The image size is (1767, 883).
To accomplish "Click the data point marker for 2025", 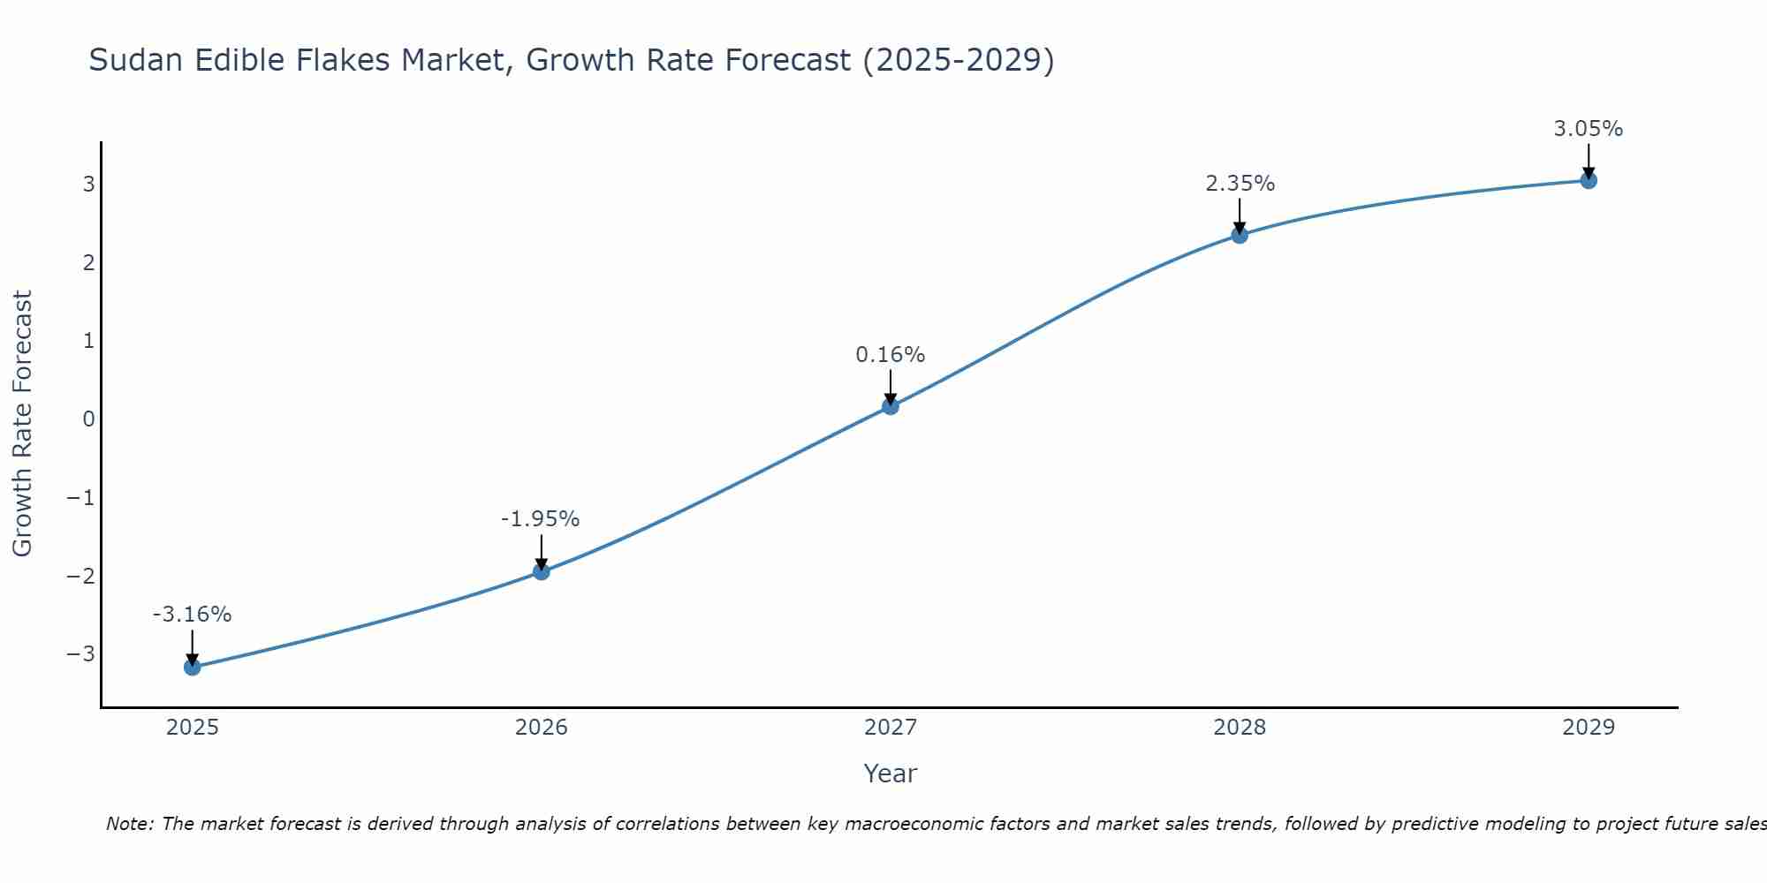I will point(193,667).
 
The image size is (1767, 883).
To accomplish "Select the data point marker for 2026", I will point(542,571).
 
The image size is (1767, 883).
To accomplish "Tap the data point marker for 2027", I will point(891,406).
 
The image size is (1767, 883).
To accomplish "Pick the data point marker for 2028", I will point(1240,235).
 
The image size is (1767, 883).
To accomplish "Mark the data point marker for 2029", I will point(1589,180).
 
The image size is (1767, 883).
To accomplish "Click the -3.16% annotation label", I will point(192,615).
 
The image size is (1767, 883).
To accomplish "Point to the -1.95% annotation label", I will point(540,519).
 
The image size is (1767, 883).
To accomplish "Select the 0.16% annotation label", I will point(890,355).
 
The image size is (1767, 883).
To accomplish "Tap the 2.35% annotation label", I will point(1240,184).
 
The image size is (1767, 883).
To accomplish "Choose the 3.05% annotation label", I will point(1588,129).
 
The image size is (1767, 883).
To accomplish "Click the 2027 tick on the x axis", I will point(891,728).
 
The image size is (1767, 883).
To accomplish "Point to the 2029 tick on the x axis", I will point(1589,728).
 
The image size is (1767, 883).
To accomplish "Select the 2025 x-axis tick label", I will point(193,728).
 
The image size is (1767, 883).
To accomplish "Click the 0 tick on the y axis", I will point(88,419).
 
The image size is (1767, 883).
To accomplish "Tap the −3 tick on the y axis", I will point(80,653).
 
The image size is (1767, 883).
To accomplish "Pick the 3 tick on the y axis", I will point(88,184).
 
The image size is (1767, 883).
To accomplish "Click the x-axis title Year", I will point(890,774).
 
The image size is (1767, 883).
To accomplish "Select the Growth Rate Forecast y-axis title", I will point(22,423).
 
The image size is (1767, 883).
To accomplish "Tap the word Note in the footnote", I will point(129,824).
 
